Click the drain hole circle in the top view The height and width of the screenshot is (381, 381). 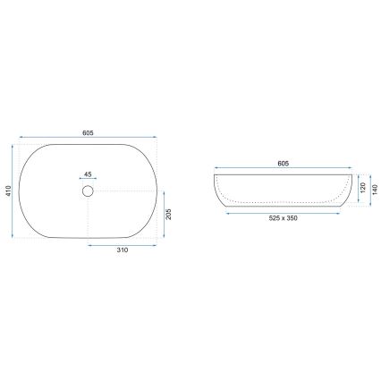click(88, 190)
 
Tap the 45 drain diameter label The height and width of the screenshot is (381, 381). click(88, 174)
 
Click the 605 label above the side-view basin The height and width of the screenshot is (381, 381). click(283, 164)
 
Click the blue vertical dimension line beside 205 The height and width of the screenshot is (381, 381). click(160, 215)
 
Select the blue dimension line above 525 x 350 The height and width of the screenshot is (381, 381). click(283, 214)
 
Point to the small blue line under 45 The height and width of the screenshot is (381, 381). click(88, 181)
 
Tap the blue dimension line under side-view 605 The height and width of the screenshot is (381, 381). click(283, 171)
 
